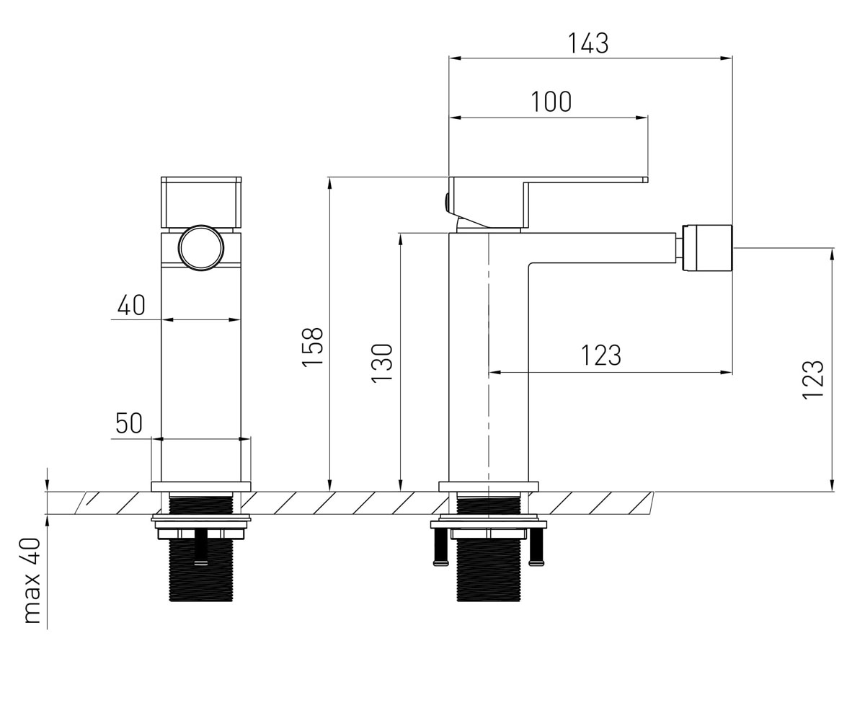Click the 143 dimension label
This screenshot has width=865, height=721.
pyautogui.click(x=588, y=43)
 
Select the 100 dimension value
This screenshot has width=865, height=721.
pyautogui.click(x=551, y=102)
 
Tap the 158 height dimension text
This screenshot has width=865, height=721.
pyautogui.click(x=313, y=347)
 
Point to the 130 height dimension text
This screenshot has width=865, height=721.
pyautogui.click(x=382, y=363)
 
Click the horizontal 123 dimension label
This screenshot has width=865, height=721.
pyautogui.click(x=601, y=355)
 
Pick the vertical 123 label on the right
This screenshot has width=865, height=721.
pyautogui.click(x=813, y=380)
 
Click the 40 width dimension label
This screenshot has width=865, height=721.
pyautogui.click(x=131, y=305)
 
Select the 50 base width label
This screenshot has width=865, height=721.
pyautogui.click(x=129, y=423)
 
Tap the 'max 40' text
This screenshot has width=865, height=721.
pyautogui.click(x=32, y=580)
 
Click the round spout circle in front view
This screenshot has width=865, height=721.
pyautogui.click(x=201, y=248)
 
